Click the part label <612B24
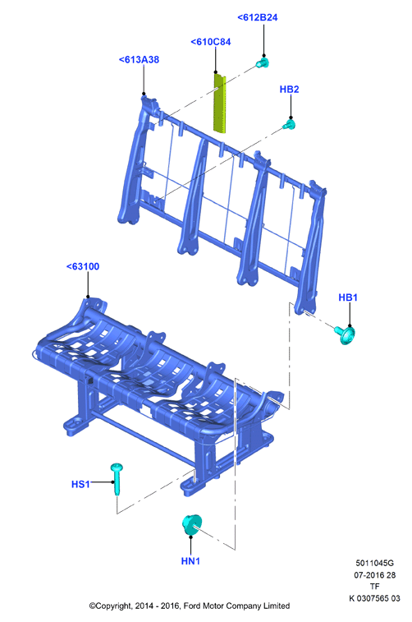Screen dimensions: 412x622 click(258, 17)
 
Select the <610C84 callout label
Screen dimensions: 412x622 click(211, 42)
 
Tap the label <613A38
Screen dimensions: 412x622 click(139, 59)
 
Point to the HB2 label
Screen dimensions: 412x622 click(289, 90)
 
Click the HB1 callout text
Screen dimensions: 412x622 click(348, 297)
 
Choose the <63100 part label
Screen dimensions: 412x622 click(83, 266)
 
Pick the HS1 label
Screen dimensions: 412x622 click(80, 484)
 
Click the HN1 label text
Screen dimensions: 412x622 click(190, 561)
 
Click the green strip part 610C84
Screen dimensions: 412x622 click(220, 102)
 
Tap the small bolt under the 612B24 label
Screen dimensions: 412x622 click(263, 62)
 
